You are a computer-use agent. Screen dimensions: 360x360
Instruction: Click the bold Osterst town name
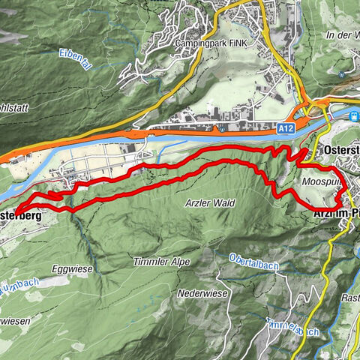tap(342, 150)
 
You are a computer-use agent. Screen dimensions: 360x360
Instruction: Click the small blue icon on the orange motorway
tap(223, 129)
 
